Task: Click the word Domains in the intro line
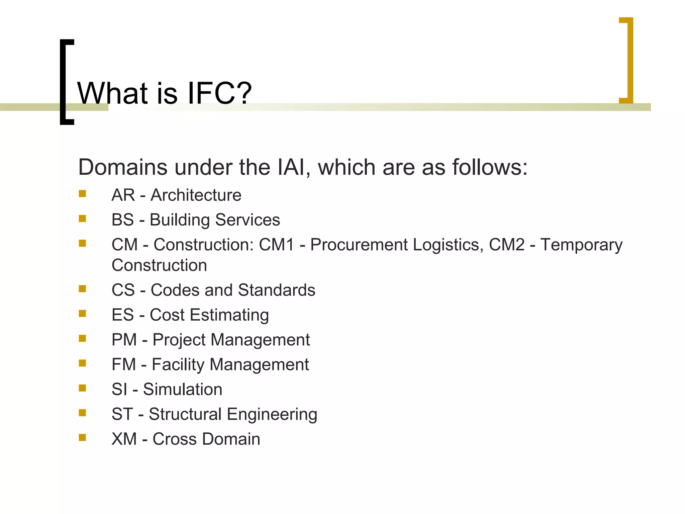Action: point(122,167)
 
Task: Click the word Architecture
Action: point(196,195)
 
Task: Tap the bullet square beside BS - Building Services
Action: point(83,219)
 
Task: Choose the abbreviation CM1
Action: point(276,245)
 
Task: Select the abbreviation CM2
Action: point(506,245)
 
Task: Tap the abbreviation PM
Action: point(124,340)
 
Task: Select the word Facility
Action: point(178,364)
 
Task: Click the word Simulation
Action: point(183,390)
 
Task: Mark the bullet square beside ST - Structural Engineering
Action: point(83,413)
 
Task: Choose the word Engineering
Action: point(272,414)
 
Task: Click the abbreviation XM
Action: point(124,439)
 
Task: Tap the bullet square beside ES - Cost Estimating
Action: point(83,314)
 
